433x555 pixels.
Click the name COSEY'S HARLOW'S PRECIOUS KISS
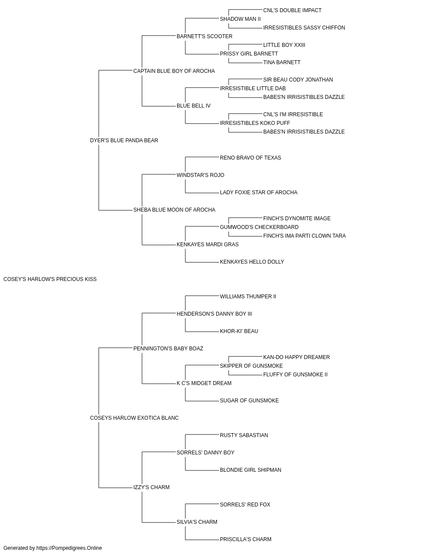(50, 279)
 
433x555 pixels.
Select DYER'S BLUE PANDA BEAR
(124, 140)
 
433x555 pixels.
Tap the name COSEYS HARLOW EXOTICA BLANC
(134, 418)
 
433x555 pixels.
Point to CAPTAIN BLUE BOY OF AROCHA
(174, 71)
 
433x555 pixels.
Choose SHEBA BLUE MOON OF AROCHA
(174, 210)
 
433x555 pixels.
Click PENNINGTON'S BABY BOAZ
(168, 348)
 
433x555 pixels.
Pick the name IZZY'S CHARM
(151, 487)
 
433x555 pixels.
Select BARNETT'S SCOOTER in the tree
(204, 36)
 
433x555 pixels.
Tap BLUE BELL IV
(193, 106)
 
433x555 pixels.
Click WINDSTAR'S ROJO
(200, 175)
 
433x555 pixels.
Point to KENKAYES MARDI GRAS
(207, 245)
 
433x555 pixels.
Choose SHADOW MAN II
(240, 19)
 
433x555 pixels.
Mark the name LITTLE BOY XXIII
(284, 45)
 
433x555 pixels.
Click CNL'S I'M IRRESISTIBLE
(293, 114)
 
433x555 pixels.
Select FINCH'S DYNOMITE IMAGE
(297, 219)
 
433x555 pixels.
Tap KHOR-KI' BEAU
(239, 331)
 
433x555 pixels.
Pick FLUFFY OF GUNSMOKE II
(295, 375)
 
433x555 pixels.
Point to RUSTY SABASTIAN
(244, 435)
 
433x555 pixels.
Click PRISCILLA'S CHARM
(246, 539)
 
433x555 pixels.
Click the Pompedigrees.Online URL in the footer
(69, 548)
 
